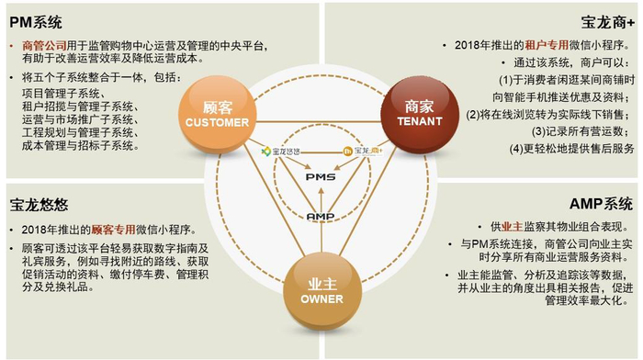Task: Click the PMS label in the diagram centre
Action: coord(321,174)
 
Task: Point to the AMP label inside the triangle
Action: coord(320,215)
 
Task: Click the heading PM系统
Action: coord(37,17)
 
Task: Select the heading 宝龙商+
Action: coord(608,17)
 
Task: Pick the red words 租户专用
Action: coord(518,44)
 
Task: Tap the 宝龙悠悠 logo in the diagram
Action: coord(280,150)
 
